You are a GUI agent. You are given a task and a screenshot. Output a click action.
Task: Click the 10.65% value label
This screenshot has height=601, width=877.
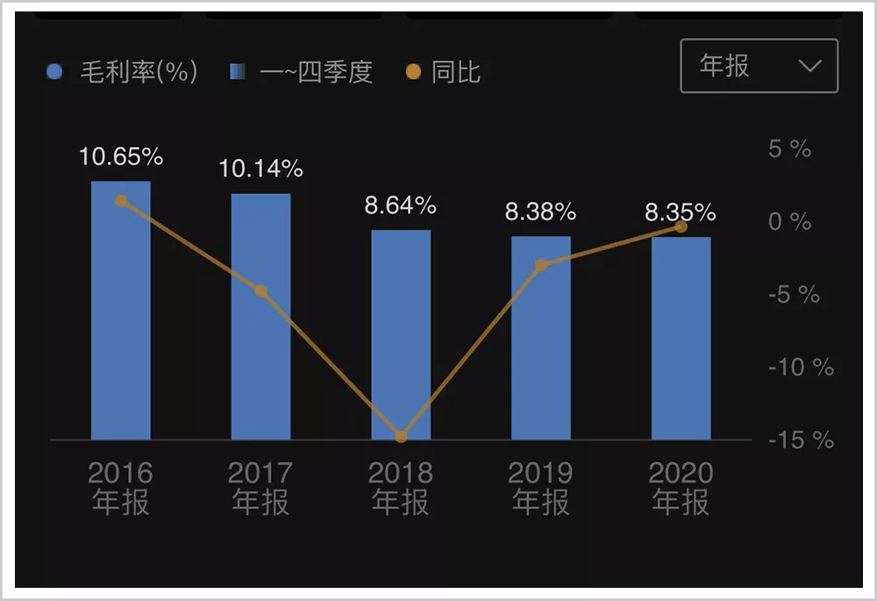(121, 157)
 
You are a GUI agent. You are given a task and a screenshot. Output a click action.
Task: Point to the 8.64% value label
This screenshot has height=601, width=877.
(401, 206)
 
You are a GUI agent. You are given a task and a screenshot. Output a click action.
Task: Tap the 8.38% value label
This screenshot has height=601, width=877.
(540, 212)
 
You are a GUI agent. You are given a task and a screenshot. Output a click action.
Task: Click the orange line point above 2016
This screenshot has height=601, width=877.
(121, 200)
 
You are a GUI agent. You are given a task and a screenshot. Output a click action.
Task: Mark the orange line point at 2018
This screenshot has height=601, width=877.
(401, 436)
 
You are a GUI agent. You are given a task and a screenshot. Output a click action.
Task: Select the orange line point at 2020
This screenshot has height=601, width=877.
(681, 227)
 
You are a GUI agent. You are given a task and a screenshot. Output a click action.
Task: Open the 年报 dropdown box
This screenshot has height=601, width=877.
(759, 67)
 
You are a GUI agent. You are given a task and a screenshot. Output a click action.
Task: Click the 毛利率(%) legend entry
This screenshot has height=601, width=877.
(123, 71)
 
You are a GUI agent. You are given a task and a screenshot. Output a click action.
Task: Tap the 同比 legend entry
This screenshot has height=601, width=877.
(444, 71)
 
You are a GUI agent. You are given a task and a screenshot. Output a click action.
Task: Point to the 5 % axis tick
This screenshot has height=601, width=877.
(789, 150)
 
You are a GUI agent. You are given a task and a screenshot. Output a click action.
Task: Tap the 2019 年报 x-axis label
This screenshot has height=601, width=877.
(541, 488)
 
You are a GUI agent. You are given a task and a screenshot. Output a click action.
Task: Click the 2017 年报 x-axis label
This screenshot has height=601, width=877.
(260, 488)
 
